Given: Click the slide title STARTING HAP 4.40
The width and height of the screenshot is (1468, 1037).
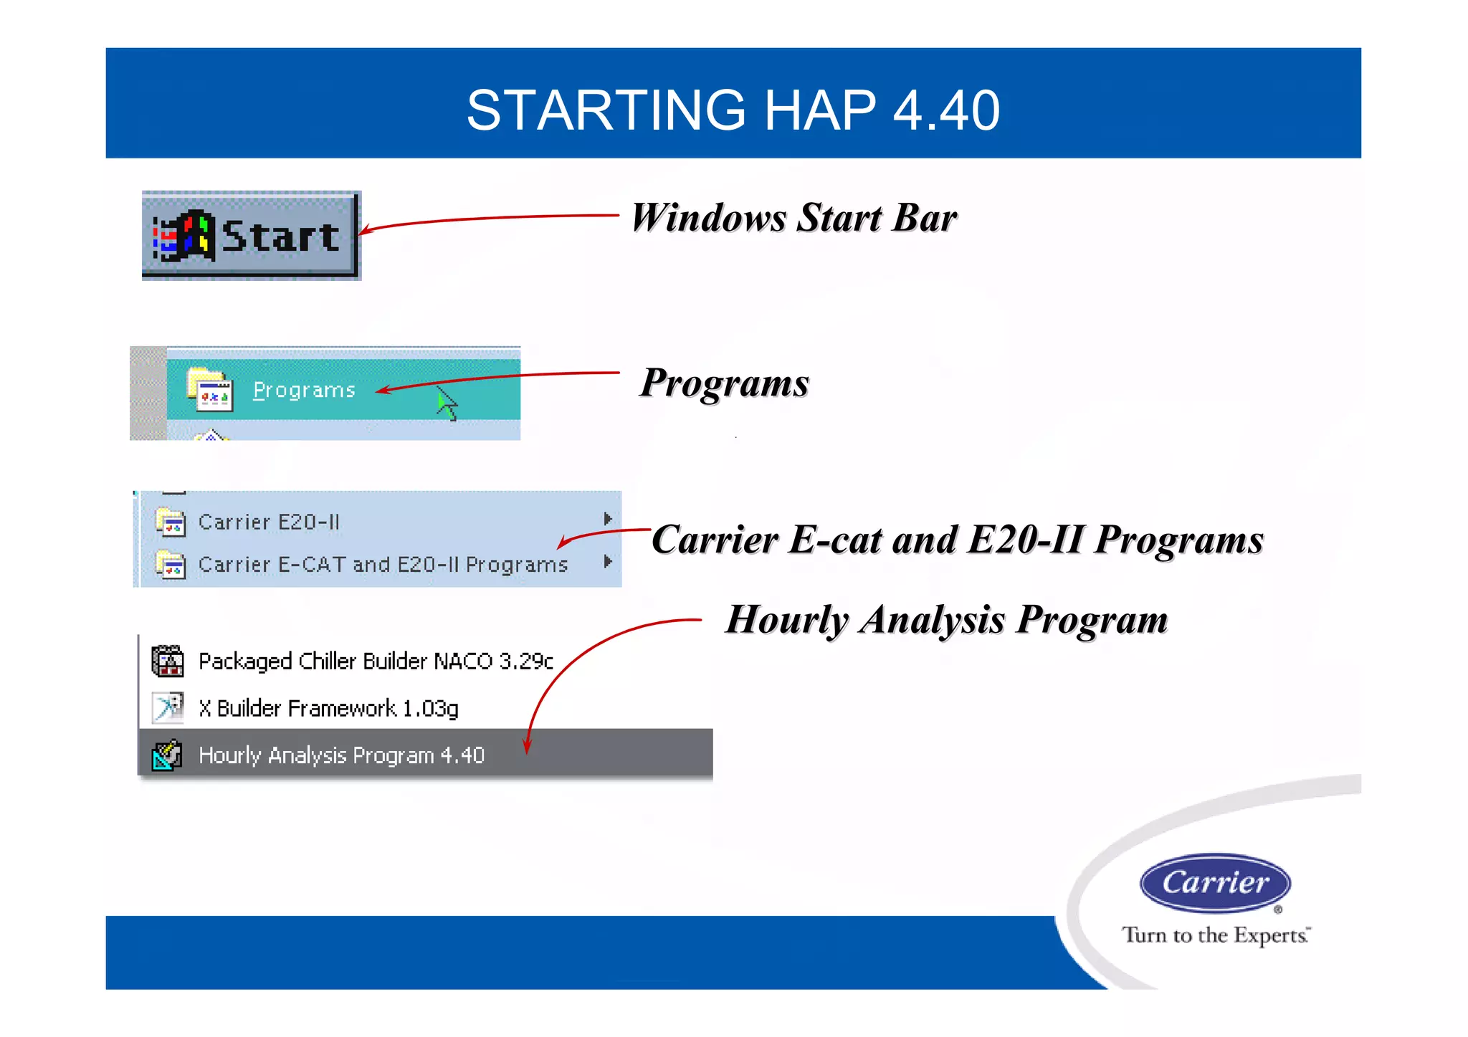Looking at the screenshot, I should click(733, 110).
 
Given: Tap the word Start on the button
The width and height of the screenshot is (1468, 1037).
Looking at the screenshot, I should click(280, 236).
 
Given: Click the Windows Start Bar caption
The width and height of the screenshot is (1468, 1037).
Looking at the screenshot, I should click(793, 218).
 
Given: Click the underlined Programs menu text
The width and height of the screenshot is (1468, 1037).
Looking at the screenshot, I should click(304, 391).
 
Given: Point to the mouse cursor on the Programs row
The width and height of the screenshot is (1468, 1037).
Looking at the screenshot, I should click(446, 403).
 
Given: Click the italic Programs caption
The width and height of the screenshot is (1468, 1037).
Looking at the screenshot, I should click(724, 383).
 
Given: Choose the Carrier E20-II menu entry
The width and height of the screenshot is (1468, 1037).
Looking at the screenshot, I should click(269, 522).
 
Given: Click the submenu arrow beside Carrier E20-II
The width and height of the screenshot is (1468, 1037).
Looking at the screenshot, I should click(607, 519).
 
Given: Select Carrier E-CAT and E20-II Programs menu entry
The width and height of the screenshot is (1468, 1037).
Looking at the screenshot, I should click(383, 565).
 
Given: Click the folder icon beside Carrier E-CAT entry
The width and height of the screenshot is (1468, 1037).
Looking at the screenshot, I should click(171, 565).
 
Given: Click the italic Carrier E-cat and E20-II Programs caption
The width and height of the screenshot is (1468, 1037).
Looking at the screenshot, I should click(957, 540).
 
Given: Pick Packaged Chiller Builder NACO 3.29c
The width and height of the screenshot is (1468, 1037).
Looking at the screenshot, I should click(376, 661).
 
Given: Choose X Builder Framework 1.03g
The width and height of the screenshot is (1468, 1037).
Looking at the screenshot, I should click(328, 708).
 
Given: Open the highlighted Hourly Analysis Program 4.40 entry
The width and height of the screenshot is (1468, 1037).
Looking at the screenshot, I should click(341, 755).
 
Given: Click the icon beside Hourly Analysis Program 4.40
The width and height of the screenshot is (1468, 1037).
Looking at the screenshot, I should click(167, 755).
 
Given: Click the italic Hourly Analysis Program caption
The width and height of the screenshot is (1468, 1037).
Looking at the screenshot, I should click(946, 620).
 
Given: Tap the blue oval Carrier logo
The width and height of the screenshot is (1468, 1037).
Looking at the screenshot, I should click(1215, 883).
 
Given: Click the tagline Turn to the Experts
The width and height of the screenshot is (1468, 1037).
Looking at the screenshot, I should click(1215, 935).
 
